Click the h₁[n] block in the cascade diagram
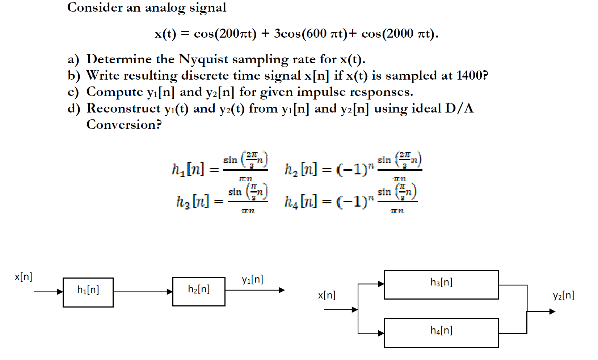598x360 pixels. (x=88, y=292)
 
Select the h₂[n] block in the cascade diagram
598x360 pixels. (x=199, y=292)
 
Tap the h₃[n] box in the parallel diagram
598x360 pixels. (x=441, y=285)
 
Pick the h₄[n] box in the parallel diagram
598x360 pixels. (x=441, y=333)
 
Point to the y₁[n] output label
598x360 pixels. (x=252, y=280)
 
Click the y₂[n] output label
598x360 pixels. (x=563, y=296)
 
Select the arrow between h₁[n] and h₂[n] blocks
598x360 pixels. (x=143, y=292)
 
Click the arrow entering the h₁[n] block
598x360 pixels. (x=48, y=292)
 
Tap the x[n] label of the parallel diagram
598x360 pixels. (x=327, y=296)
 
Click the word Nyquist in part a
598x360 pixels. (x=203, y=59)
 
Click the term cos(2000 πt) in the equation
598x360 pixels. (x=399, y=34)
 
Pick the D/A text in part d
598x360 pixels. (x=459, y=109)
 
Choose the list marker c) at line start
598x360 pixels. (x=73, y=92)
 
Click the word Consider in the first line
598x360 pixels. (x=95, y=7)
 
